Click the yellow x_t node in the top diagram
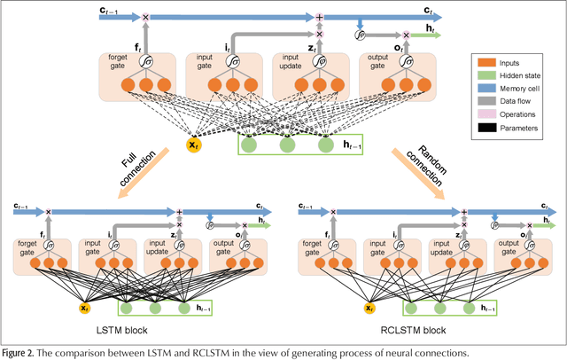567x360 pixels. click(193, 144)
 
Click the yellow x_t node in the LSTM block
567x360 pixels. click(84, 308)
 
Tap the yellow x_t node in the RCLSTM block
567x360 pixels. click(368, 308)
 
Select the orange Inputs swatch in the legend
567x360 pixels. click(485, 63)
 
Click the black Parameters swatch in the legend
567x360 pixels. click(485, 132)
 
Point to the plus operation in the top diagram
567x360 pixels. click(321, 16)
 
